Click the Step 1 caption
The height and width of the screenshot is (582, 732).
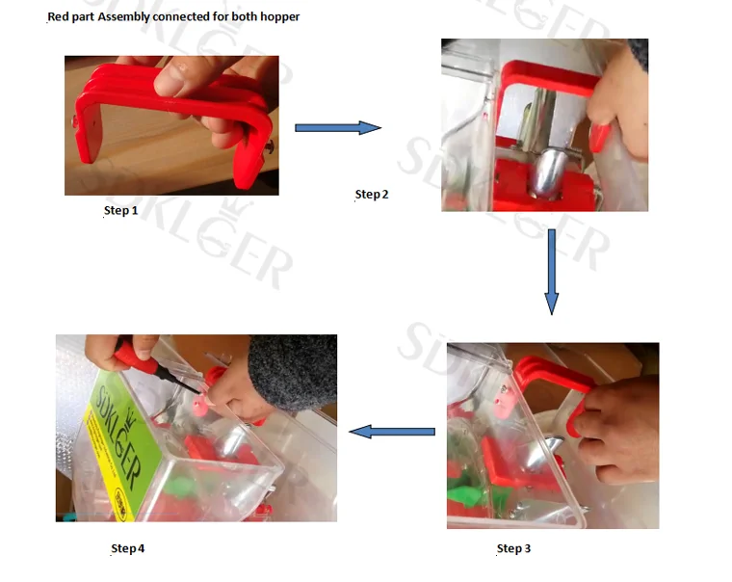(x=121, y=211)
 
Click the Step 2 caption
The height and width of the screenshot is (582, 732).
(x=372, y=195)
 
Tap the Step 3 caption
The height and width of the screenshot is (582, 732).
(x=513, y=548)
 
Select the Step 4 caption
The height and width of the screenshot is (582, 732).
(x=127, y=548)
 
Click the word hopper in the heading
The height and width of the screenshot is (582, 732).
(x=279, y=16)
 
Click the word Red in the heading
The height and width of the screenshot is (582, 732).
(x=58, y=16)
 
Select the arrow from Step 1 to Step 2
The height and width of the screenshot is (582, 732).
(x=338, y=127)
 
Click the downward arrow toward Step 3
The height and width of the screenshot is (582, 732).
(x=551, y=272)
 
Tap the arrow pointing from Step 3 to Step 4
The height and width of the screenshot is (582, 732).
(x=392, y=432)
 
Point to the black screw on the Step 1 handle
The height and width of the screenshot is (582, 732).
(x=270, y=146)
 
